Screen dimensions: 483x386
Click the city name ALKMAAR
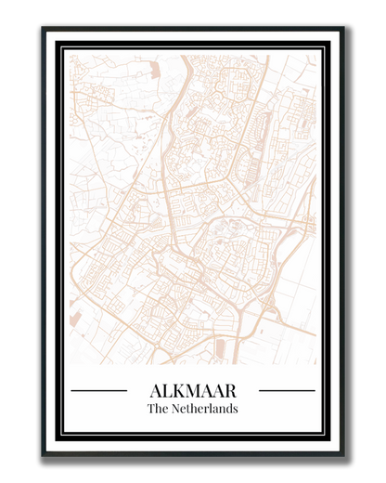point(193,390)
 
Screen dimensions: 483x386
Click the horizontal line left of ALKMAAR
point(98,391)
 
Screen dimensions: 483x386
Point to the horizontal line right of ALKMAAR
point(287,391)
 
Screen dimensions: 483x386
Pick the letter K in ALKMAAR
point(178,390)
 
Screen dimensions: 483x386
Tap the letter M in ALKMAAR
point(193,390)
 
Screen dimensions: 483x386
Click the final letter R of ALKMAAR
point(230,390)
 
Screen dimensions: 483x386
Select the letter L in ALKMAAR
point(166,390)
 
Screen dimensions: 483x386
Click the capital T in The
point(151,409)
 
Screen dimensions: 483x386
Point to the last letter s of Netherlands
point(235,409)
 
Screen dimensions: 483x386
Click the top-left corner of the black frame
point(44,30)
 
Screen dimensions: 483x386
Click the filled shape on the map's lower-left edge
point(74,319)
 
